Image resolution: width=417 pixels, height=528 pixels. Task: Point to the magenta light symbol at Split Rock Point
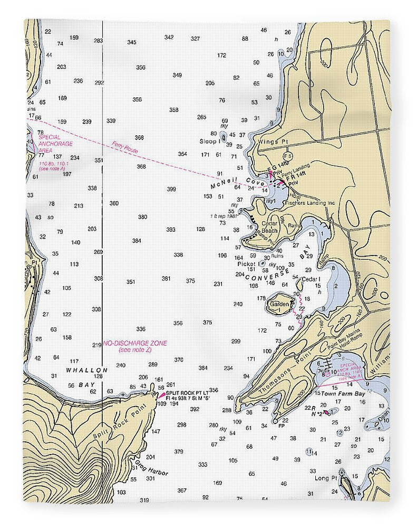162,394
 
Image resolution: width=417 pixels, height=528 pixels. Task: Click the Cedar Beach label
269,228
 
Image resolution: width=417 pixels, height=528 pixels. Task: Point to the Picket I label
247,263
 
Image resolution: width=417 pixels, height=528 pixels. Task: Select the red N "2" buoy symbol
326,412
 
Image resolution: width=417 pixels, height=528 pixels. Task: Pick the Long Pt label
325,478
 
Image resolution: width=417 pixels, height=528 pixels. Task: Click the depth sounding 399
171,189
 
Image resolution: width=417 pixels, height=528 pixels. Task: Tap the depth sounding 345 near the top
131,42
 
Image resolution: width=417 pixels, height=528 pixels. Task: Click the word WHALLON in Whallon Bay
86,370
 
